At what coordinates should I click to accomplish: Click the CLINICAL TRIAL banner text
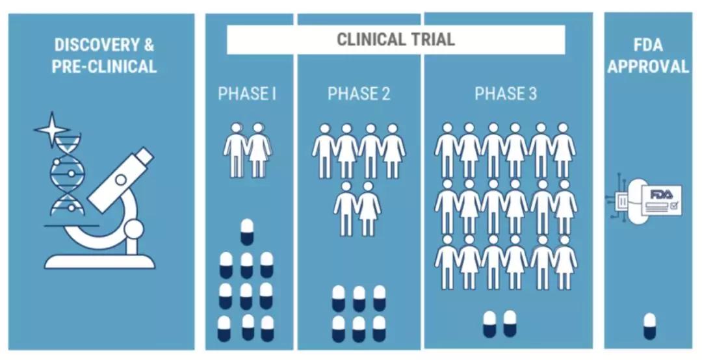395,39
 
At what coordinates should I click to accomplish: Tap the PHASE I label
247,94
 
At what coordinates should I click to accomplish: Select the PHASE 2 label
359,94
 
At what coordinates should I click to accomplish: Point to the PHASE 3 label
505,94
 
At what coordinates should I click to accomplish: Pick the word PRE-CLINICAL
104,66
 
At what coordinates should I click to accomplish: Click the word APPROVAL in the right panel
648,66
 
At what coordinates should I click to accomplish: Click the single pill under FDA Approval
649,326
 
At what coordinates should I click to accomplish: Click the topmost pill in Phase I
247,231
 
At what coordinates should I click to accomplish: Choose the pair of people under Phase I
247,149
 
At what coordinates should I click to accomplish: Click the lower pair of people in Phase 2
357,208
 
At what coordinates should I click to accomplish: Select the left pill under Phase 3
489,324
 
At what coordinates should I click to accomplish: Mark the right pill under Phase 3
510,324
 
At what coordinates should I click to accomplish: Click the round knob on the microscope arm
134,229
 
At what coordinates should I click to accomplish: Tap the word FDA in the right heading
648,45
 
